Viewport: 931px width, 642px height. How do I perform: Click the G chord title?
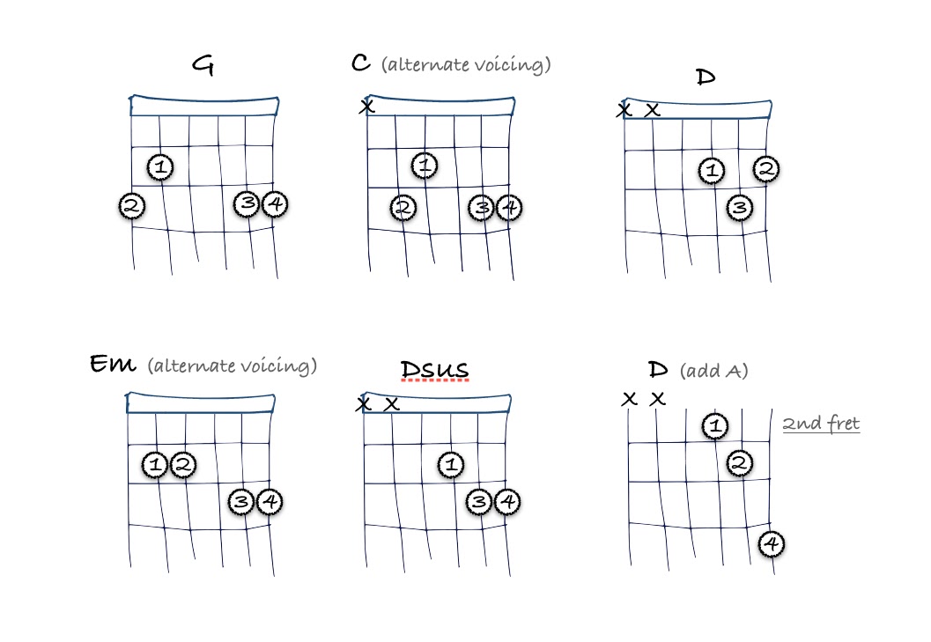[203, 66]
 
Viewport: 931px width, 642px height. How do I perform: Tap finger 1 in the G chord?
[160, 165]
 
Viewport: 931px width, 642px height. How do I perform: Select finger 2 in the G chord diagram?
[132, 206]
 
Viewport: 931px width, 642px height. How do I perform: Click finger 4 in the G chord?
[275, 204]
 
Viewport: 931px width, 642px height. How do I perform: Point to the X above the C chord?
[366, 107]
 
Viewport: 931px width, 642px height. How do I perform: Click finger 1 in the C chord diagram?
[425, 165]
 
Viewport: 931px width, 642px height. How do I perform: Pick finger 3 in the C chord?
[481, 207]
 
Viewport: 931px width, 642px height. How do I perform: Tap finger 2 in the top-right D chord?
[766, 168]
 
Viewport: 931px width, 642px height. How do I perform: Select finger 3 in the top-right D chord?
[739, 208]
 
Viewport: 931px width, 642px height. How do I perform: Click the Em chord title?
[113, 365]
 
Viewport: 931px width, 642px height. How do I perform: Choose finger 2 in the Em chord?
[182, 463]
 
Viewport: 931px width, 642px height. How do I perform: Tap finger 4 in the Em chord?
[270, 502]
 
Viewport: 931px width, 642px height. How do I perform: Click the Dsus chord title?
[433, 369]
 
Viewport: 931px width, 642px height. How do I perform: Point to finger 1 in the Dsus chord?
[451, 463]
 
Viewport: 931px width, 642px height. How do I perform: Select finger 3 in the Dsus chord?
[479, 502]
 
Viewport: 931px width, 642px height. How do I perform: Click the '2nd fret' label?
[821, 424]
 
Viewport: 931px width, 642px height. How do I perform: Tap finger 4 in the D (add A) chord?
[772, 544]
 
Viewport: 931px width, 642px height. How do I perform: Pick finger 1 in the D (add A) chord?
[715, 426]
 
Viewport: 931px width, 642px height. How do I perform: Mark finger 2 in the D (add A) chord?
[741, 462]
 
